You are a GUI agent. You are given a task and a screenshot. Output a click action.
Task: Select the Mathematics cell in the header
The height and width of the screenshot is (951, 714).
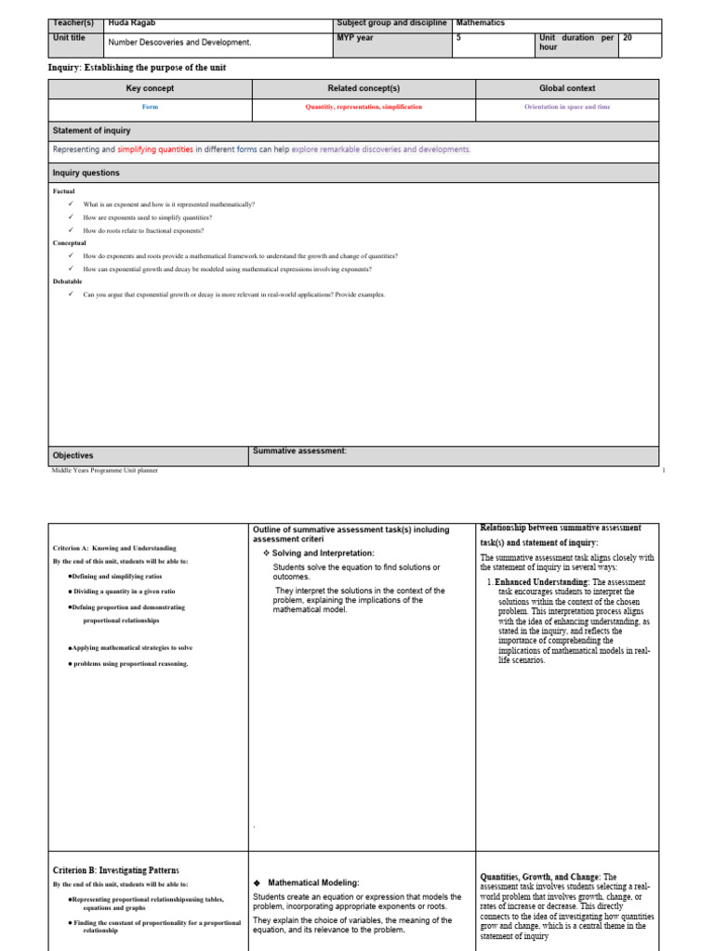[481, 23]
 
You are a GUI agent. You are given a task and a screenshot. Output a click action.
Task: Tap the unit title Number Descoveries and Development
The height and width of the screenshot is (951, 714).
[180, 43]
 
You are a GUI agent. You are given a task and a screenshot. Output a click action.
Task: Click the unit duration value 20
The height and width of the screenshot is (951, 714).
[628, 38]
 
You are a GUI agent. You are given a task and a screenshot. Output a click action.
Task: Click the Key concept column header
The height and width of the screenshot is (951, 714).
[150, 88]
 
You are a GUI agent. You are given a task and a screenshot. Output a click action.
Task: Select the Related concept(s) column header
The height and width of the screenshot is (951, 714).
[364, 88]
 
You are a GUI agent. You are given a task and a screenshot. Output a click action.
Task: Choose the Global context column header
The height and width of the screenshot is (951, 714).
[567, 88]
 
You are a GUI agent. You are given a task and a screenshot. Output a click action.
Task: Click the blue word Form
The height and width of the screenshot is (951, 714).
[150, 107]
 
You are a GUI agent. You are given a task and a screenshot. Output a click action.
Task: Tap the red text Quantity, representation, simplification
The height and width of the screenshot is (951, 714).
[364, 107]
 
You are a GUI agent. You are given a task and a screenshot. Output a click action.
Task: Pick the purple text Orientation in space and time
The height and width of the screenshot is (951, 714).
[567, 107]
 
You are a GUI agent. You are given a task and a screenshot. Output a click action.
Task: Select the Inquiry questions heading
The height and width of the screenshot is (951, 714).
[86, 173]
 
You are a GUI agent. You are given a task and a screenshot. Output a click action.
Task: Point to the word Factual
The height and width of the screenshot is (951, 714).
[64, 191]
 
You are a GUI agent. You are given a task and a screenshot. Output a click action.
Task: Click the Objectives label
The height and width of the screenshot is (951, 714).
[73, 456]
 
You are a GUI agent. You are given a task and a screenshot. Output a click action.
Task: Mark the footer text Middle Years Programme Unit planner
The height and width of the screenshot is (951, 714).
[104, 471]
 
